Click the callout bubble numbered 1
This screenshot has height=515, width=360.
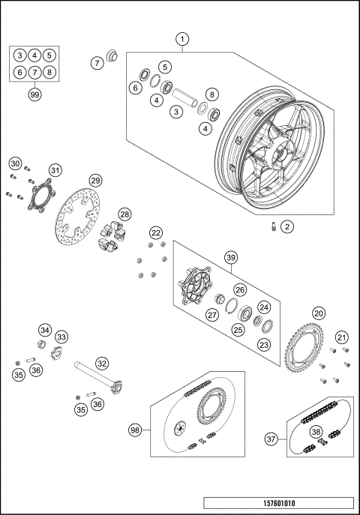[182, 38]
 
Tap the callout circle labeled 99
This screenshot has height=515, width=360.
[34, 94]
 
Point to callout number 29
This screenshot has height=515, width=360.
[95, 181]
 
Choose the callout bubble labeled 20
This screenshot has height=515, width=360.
[319, 313]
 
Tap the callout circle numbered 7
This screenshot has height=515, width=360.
[97, 63]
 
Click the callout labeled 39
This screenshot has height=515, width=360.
[231, 257]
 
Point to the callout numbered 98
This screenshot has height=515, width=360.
[135, 430]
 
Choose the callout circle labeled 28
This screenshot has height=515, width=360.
[124, 214]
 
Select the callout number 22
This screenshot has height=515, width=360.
[156, 233]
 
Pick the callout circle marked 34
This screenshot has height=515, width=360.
[45, 331]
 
